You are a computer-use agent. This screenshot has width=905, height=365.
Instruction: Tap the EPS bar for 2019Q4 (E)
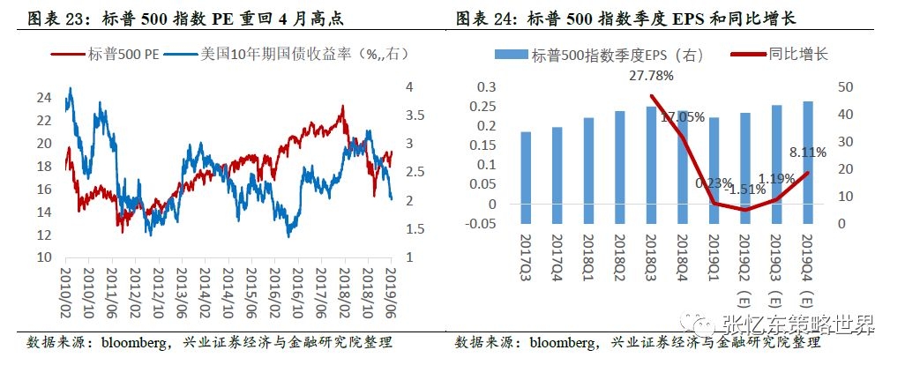(807, 162)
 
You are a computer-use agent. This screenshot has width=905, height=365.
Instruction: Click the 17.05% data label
(682, 116)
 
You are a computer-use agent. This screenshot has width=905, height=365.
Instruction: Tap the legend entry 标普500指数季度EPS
(617, 55)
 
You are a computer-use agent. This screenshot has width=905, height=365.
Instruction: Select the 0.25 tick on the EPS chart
(482, 107)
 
